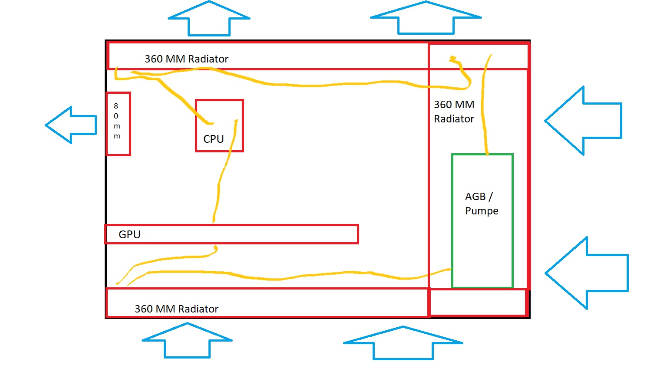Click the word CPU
[214, 139]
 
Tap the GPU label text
[129, 234]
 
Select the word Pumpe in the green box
[482, 211]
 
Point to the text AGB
[475, 197]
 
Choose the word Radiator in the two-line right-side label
[454, 119]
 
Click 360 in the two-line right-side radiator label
[443, 105]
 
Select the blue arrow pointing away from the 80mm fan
[71, 125]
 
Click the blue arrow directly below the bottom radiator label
[187, 340]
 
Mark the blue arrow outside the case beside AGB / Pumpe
[586, 273]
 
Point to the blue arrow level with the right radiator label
[583, 121]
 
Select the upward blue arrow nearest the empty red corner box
[403, 343]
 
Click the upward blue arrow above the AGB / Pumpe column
[426, 18]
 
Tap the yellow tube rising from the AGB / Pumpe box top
[483, 109]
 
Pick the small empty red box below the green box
[478, 302]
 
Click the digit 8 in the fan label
[116, 106]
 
